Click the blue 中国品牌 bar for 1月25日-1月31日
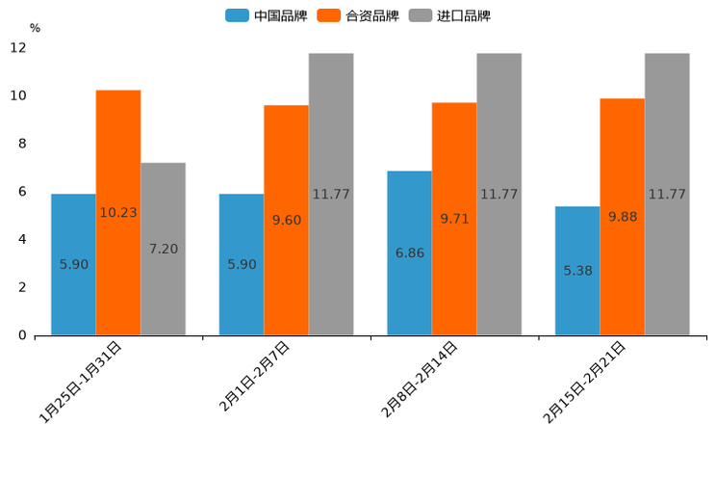point(73,264)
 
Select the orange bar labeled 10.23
point(118,212)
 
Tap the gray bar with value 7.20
point(163,249)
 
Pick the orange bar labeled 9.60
point(286,220)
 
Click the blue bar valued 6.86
point(409,252)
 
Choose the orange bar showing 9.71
point(454,219)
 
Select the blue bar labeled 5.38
point(577,271)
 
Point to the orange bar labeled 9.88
point(622,217)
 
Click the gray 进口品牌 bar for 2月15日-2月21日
point(667,194)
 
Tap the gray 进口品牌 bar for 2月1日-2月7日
point(331,194)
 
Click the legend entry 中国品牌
point(267,15)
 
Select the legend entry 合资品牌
point(358,15)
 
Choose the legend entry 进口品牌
point(449,15)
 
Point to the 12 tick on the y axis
point(18,48)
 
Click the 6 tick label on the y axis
point(22,192)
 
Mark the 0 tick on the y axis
point(22,335)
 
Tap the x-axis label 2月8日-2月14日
point(420,379)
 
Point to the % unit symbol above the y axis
point(35,28)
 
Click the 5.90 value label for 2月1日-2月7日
point(242,264)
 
